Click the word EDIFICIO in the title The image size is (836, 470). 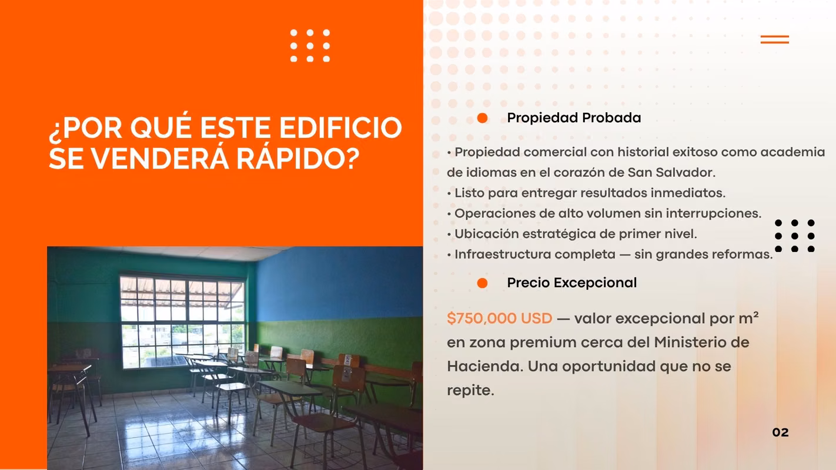tap(340, 127)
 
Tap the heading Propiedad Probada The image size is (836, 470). tap(574, 118)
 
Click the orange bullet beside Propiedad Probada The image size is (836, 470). tap(482, 118)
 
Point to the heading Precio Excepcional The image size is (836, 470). tap(572, 283)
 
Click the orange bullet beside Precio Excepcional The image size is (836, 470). tap(482, 283)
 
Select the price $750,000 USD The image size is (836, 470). tap(499, 318)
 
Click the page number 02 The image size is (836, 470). tap(780, 432)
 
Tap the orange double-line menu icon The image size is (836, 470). tap(775, 39)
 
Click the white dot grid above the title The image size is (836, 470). tap(310, 45)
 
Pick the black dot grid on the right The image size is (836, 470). tap(795, 236)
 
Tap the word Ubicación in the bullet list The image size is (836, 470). tap(486, 234)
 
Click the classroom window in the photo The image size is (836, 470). tap(182, 321)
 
